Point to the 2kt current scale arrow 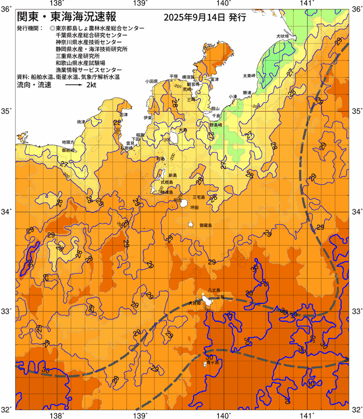pos(74,86)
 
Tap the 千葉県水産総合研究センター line pos(91,35)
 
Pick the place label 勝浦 pos(247,93)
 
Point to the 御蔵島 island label pos(205,225)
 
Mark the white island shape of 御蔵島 pos(191,224)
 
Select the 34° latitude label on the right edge pos(356,212)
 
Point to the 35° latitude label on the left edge pos(7,112)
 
